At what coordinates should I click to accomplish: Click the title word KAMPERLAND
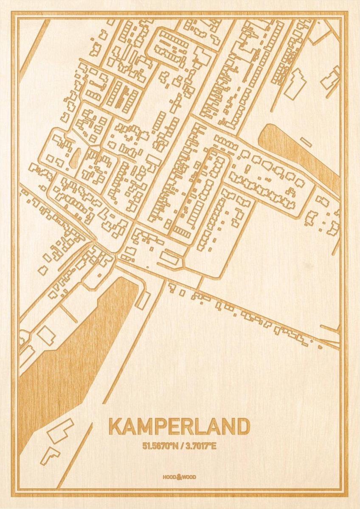(179, 427)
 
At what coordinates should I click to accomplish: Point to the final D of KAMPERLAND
(242, 427)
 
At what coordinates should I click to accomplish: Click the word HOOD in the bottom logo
(169, 477)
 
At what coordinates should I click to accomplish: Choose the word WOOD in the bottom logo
(190, 477)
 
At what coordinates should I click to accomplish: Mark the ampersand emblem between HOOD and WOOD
(179, 477)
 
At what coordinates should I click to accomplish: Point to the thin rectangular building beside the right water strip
(306, 142)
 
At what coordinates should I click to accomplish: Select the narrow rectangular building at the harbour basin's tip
(143, 300)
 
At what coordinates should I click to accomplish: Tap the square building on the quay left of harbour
(46, 335)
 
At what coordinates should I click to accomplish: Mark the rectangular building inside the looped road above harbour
(169, 257)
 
